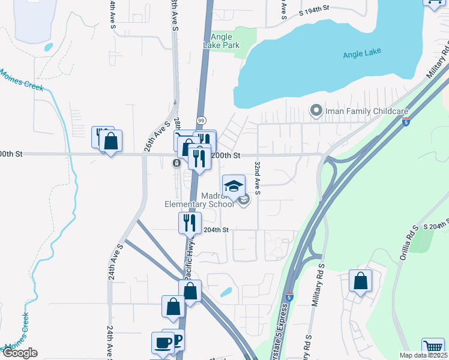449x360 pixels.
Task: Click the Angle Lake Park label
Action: click(x=225, y=41)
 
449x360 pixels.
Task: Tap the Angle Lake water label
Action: click(x=361, y=55)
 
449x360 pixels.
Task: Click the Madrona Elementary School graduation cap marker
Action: click(x=234, y=184)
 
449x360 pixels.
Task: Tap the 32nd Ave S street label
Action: click(x=257, y=177)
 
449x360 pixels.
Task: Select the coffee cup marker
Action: click(x=163, y=343)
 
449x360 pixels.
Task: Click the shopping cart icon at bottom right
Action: click(x=433, y=347)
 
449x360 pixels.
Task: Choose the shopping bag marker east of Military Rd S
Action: click(x=360, y=281)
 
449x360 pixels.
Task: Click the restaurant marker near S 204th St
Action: click(x=190, y=223)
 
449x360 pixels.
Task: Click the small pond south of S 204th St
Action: click(x=226, y=292)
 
